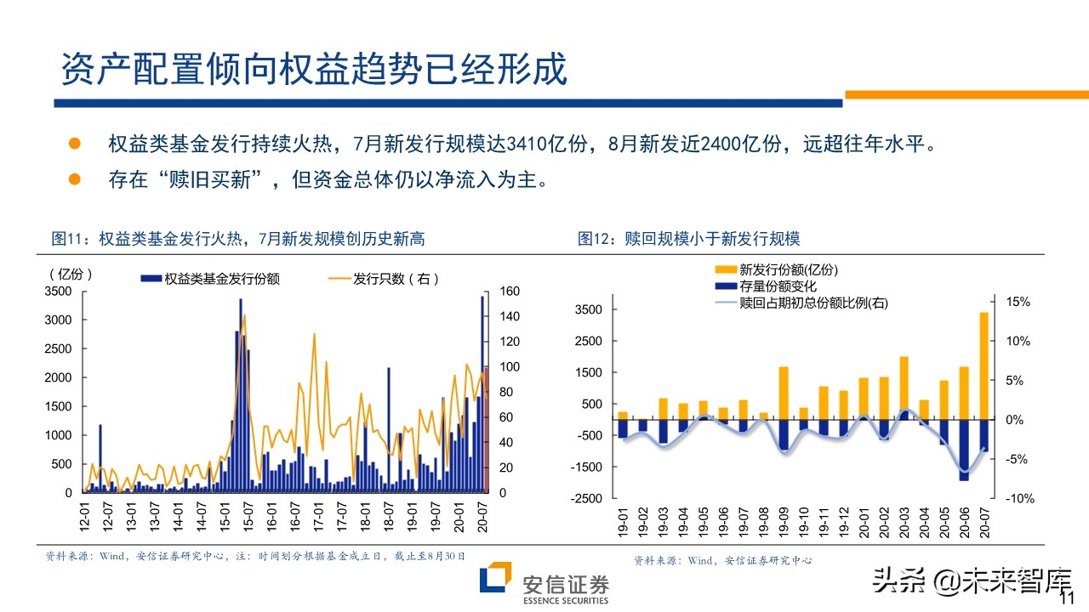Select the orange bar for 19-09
(x=784, y=393)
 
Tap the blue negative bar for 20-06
(x=964, y=450)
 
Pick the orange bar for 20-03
(x=904, y=388)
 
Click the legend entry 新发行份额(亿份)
(x=789, y=270)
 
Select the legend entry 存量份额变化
(x=778, y=286)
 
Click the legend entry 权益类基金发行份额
(x=221, y=279)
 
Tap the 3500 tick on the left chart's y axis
(x=58, y=291)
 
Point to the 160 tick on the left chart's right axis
(x=510, y=291)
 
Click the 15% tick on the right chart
(x=1018, y=302)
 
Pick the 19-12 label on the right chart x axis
(x=844, y=525)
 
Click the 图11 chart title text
(x=238, y=239)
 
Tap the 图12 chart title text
(x=689, y=239)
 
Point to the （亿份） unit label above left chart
(x=67, y=274)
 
